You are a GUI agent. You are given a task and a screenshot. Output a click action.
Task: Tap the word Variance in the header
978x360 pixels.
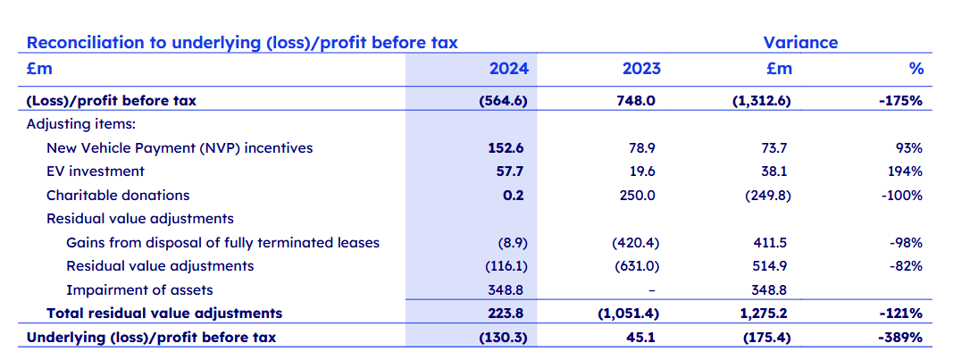point(800,42)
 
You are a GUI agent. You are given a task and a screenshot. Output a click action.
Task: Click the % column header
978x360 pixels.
point(915,68)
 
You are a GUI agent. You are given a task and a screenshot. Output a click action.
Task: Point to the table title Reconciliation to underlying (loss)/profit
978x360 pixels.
point(241,42)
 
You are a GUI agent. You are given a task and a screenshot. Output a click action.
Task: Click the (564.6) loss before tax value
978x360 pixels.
point(504,101)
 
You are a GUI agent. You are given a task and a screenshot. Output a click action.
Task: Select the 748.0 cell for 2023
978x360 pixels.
point(638,101)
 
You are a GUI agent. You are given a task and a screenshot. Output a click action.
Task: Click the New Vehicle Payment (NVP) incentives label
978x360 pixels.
point(180,148)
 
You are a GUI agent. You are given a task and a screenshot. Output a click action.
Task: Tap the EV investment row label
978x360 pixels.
point(95,172)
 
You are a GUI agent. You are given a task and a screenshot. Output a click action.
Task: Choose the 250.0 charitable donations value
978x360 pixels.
point(638,195)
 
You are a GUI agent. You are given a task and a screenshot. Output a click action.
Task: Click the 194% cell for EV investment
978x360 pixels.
point(907,172)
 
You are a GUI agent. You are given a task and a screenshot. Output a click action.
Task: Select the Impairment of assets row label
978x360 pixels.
point(139,289)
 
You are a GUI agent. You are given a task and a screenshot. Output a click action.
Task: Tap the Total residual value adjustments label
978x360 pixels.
point(164,313)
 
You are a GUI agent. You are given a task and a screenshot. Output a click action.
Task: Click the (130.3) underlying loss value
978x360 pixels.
point(504,337)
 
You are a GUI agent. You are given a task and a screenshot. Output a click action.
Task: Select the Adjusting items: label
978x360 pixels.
point(80,124)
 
